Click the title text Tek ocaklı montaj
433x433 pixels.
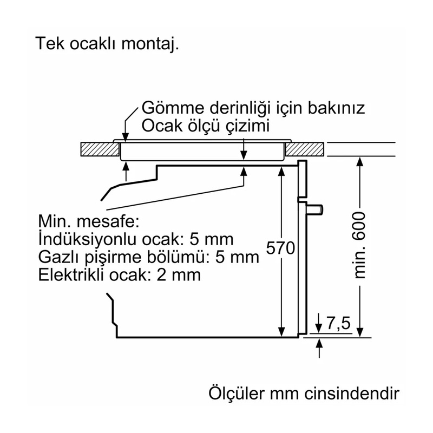point(107,43)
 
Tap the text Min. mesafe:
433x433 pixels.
point(89,222)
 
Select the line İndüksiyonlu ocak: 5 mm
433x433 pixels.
point(136,239)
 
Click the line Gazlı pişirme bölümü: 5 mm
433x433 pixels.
point(148,257)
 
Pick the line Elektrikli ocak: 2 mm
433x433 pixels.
point(119,274)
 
